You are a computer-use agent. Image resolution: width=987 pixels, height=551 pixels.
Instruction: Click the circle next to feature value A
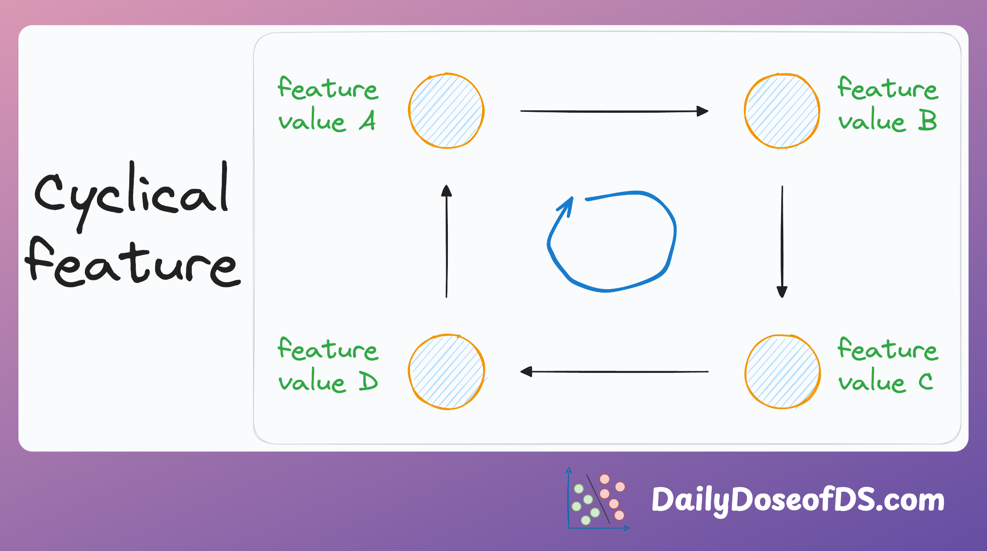(x=446, y=111)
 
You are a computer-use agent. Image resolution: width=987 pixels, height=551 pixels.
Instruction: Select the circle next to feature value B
(x=782, y=111)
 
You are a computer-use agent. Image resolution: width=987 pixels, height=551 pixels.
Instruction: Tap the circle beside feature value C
(x=782, y=372)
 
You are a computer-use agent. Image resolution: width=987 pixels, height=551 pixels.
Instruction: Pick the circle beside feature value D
(x=447, y=372)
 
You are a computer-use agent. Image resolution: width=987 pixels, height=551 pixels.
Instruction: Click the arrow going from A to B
(x=614, y=111)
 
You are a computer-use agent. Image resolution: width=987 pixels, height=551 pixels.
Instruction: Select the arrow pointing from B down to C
(x=782, y=242)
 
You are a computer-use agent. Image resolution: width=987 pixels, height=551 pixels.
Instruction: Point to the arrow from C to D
(x=614, y=372)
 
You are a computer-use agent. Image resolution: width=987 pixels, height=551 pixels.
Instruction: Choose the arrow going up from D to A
(x=447, y=241)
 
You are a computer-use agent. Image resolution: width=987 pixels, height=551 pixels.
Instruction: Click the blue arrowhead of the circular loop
(x=566, y=206)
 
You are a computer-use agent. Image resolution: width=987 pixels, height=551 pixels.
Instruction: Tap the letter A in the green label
(x=367, y=120)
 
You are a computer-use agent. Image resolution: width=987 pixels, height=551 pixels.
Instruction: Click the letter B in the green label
(x=927, y=120)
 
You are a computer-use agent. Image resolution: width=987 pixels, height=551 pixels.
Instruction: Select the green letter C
(x=926, y=381)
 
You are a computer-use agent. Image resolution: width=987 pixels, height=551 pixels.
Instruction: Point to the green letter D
(x=368, y=381)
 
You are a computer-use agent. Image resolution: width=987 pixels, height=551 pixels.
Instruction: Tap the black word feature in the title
(x=133, y=262)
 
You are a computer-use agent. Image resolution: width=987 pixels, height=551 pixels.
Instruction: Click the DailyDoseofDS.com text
(x=798, y=500)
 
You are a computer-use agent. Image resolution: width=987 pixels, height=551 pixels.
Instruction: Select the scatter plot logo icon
(x=598, y=499)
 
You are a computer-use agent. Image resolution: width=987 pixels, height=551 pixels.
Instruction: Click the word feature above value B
(x=888, y=87)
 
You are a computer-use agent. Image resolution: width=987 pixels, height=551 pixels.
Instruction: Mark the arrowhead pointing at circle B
(x=703, y=111)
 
